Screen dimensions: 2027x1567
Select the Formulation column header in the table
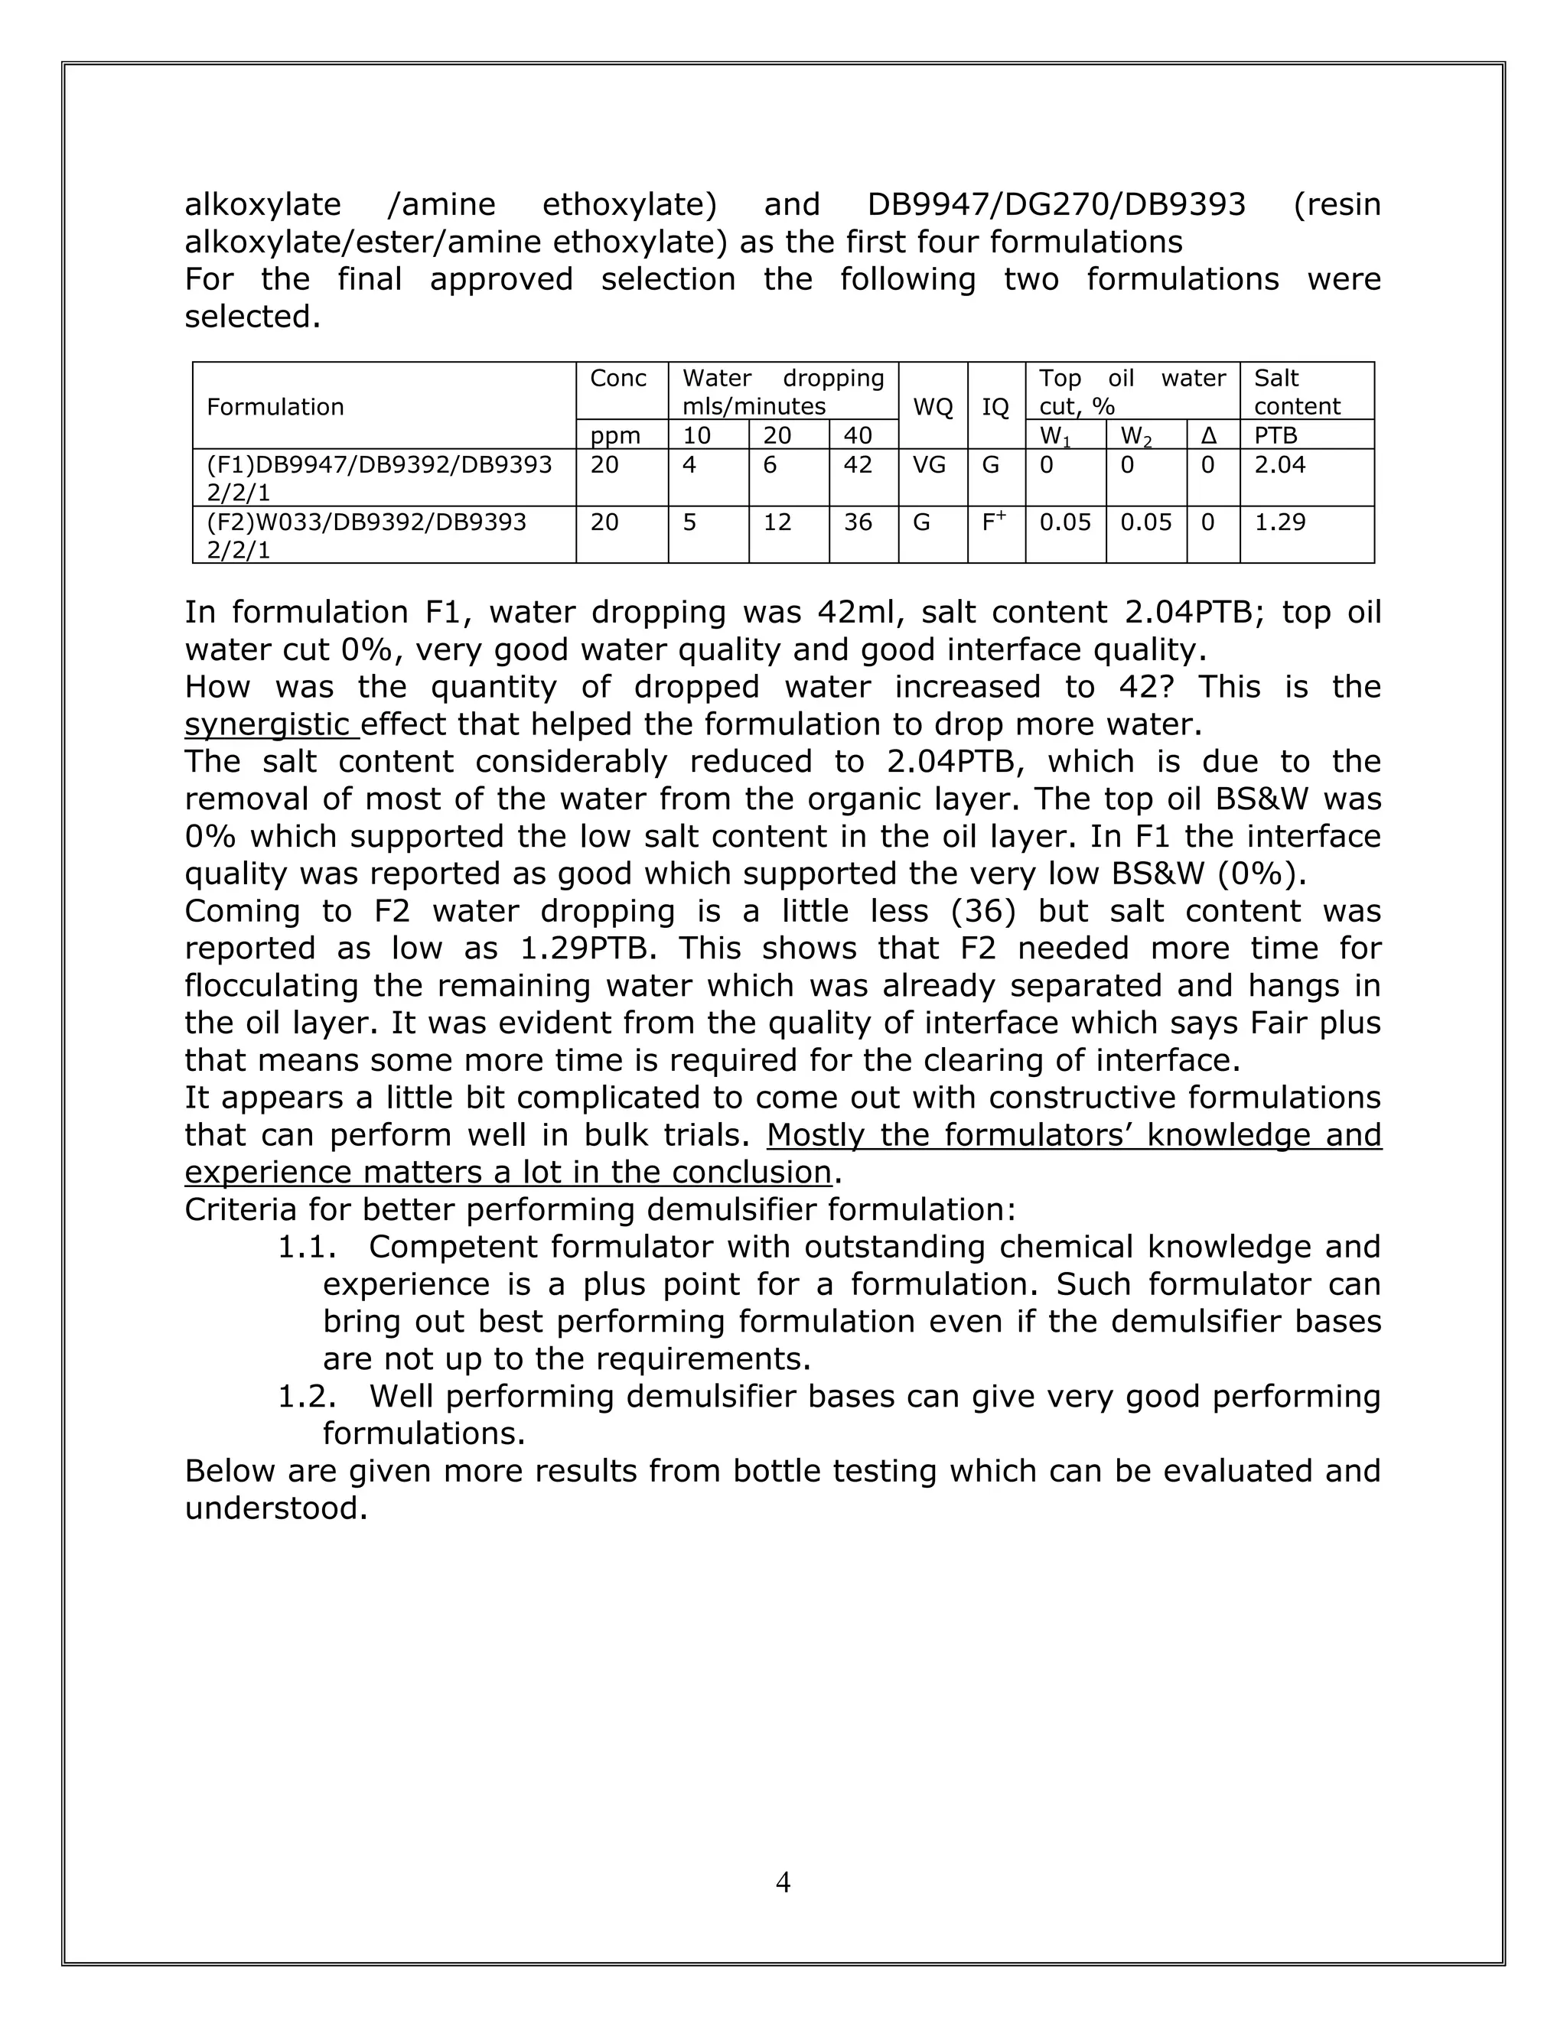pyautogui.click(x=275, y=406)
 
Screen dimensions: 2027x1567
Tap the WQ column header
pyautogui.click(x=933, y=406)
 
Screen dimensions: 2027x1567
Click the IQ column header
pyautogui.click(x=995, y=406)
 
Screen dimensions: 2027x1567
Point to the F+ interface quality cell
pyautogui.click(x=994, y=522)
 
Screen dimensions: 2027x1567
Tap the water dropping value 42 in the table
pyautogui.click(x=858, y=465)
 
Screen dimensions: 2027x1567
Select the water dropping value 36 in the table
pyautogui.click(x=858, y=522)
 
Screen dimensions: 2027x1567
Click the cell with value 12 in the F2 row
pyautogui.click(x=777, y=522)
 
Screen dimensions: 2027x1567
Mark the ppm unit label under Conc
pyautogui.click(x=614, y=435)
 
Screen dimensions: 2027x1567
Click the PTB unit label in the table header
pyautogui.click(x=1275, y=435)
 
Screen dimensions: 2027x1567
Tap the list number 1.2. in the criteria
pyautogui.click(x=306, y=1397)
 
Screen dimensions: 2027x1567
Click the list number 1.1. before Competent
pyautogui.click(x=306, y=1248)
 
